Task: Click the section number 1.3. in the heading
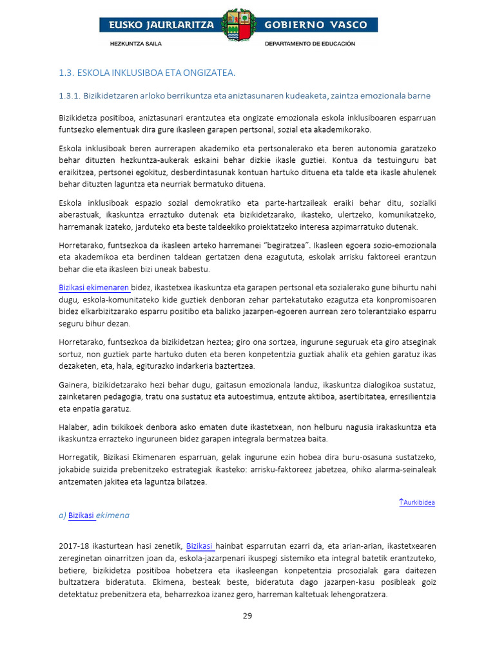tap(66, 71)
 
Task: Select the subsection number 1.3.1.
tap(69, 96)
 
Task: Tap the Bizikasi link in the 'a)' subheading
tap(81, 515)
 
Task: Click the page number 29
tap(247, 616)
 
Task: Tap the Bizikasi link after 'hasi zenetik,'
tap(200, 546)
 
